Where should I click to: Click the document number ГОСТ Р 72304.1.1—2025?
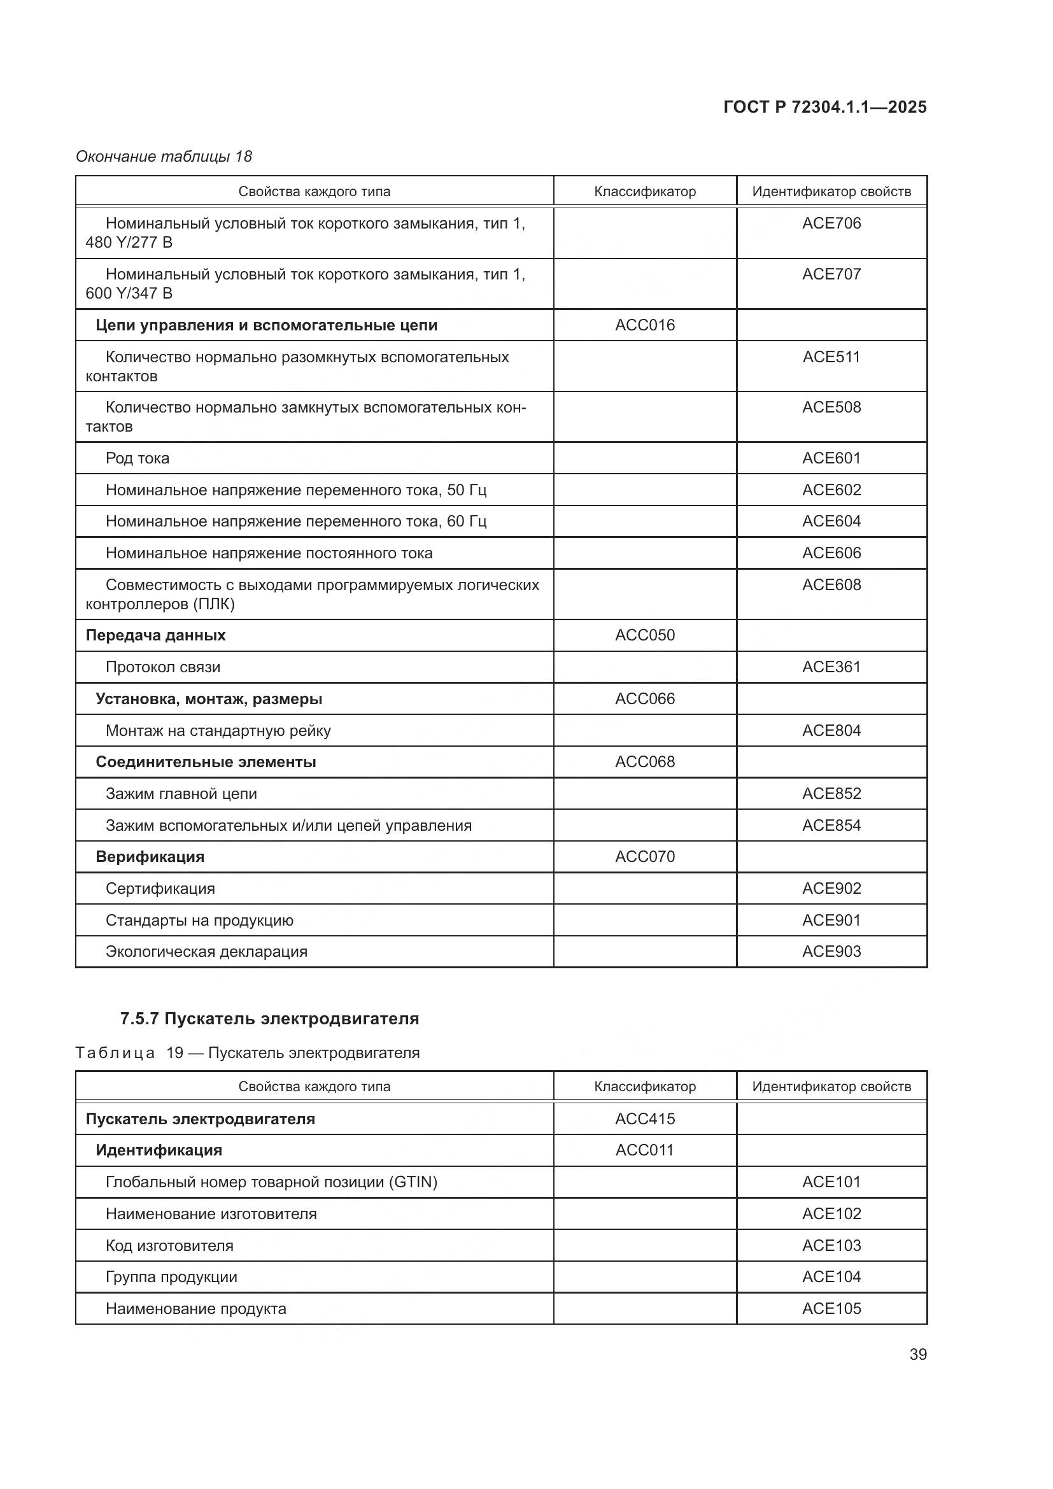824,107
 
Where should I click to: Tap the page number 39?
917,1354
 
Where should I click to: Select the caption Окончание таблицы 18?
164,157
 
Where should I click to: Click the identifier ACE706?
831,223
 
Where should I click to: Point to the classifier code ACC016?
644,325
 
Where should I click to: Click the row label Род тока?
138,458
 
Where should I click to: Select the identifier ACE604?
831,521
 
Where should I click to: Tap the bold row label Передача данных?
155,635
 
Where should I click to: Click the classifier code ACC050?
644,635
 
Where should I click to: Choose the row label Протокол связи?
163,667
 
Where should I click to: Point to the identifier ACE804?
831,731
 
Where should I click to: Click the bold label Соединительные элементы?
206,762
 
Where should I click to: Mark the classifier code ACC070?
644,857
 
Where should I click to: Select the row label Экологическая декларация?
206,952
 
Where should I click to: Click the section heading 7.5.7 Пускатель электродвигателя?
270,1019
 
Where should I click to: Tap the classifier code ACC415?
644,1119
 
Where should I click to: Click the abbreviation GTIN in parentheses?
413,1182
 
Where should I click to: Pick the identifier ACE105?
831,1309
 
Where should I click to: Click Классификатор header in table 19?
644,1086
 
